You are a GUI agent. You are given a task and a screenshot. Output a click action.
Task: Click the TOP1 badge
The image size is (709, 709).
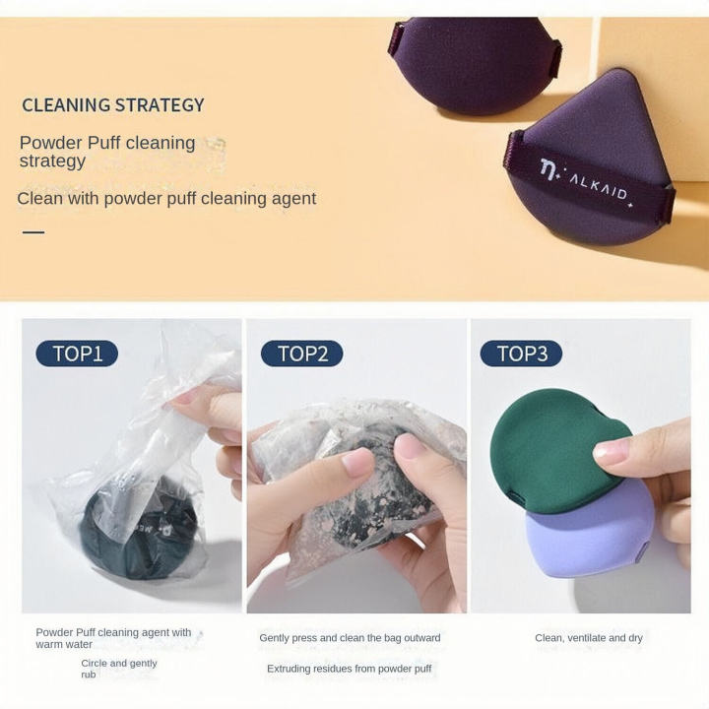coord(77,354)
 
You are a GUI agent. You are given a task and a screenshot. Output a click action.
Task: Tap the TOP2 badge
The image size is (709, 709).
coord(301,354)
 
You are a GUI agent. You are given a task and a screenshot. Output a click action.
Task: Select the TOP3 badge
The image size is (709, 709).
coord(521,354)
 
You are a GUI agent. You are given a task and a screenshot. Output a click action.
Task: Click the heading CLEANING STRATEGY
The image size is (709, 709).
coord(113,105)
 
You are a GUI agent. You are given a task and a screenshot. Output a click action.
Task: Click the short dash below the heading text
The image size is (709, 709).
coord(33,232)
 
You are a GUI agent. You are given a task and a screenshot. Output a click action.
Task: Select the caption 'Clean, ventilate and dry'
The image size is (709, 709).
coord(589,638)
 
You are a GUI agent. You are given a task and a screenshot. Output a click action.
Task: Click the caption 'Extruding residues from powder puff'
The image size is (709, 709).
coord(350,669)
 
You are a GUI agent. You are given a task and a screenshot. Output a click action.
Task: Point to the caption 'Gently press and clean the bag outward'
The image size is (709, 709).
coord(350,638)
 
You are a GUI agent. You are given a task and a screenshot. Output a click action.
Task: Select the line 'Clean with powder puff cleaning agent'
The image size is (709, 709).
coord(166,199)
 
